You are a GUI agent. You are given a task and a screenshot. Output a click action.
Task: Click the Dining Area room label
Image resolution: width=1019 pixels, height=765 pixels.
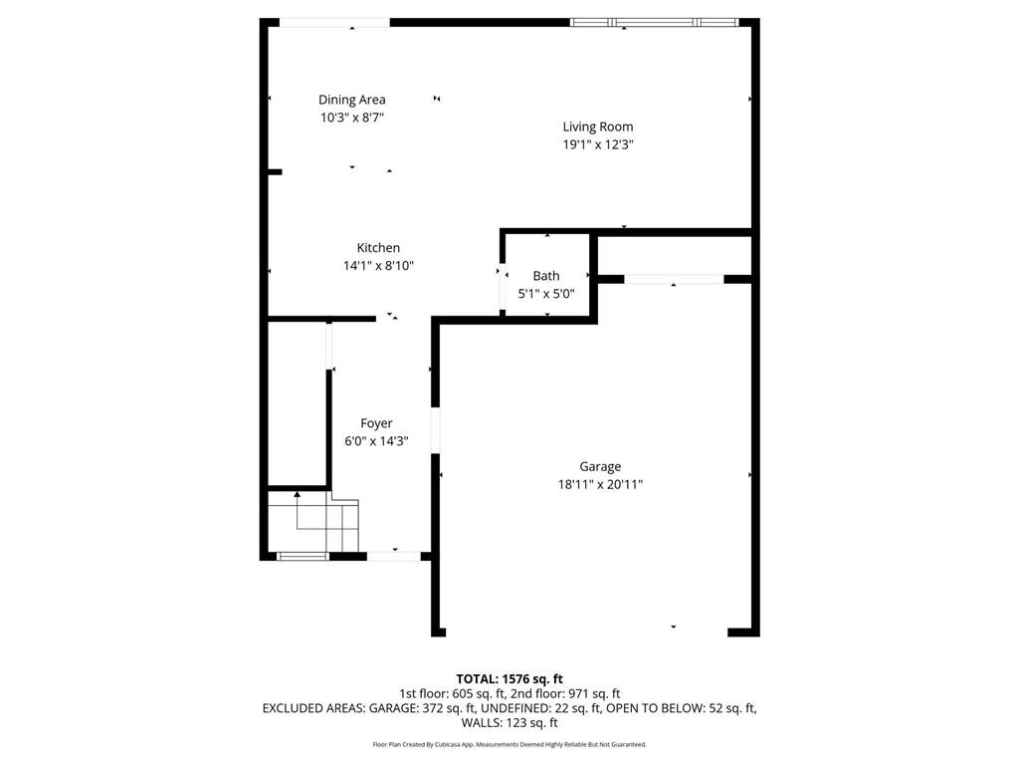point(351,100)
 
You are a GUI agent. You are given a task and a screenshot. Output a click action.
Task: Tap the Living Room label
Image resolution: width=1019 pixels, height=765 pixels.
point(597,127)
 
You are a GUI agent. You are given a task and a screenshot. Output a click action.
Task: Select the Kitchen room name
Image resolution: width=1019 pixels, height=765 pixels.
point(378,248)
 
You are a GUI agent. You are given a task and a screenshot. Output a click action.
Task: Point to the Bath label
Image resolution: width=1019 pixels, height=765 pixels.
point(546,276)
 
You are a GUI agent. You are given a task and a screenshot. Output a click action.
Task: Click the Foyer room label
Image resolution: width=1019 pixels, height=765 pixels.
point(376,423)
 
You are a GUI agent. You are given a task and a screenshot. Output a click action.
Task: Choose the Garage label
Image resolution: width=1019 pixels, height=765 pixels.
point(600,466)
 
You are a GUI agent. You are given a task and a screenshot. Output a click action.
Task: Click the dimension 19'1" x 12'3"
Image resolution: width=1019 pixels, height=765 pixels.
point(598,144)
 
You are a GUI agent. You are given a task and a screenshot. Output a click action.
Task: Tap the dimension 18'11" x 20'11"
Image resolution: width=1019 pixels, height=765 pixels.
point(600,484)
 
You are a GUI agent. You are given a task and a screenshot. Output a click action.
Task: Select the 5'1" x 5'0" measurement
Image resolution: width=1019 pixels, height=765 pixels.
point(546,294)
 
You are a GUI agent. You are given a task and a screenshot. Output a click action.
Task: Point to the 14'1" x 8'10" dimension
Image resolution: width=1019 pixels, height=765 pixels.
point(378,266)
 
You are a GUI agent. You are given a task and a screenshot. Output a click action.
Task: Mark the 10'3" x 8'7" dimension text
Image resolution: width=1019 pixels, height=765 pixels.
point(351,118)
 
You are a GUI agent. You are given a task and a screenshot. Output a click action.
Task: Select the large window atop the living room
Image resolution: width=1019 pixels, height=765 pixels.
point(654,22)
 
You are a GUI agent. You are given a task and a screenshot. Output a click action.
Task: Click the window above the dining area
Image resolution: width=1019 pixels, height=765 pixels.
point(333,22)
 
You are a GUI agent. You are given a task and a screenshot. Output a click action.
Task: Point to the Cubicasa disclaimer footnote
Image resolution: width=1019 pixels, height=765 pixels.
point(509,744)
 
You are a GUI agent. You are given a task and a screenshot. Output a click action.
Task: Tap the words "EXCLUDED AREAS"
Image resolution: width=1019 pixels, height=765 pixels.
point(312,708)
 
